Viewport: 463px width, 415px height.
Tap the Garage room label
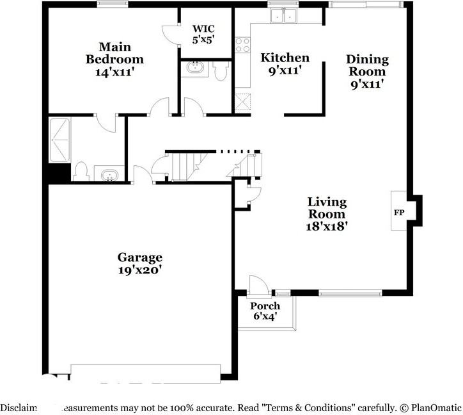coord(139,257)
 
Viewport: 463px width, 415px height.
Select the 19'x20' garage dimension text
coord(139,270)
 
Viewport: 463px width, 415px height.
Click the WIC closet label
coord(203,29)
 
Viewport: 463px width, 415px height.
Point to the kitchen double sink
coord(283,15)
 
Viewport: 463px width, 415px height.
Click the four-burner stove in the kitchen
coord(243,44)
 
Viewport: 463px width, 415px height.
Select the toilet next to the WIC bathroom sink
coord(221,72)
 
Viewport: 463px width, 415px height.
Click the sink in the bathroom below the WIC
coord(194,67)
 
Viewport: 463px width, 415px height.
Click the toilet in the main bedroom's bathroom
coord(81,171)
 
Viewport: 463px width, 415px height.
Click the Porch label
coord(265,306)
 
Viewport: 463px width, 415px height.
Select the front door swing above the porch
coord(258,284)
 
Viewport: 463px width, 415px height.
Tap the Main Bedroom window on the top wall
coord(114,4)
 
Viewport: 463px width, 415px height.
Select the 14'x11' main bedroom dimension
coord(114,72)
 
